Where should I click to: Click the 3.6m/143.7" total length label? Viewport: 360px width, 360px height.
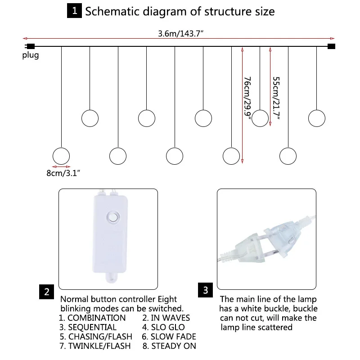point(180,33)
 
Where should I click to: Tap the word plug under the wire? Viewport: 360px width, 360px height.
point(31,55)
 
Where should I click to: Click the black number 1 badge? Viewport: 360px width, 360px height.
point(74,10)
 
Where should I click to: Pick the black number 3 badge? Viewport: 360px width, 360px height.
point(206,290)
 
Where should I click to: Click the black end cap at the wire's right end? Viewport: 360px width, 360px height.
point(332,46)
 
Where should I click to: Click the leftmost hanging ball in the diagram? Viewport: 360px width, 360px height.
point(61,156)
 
